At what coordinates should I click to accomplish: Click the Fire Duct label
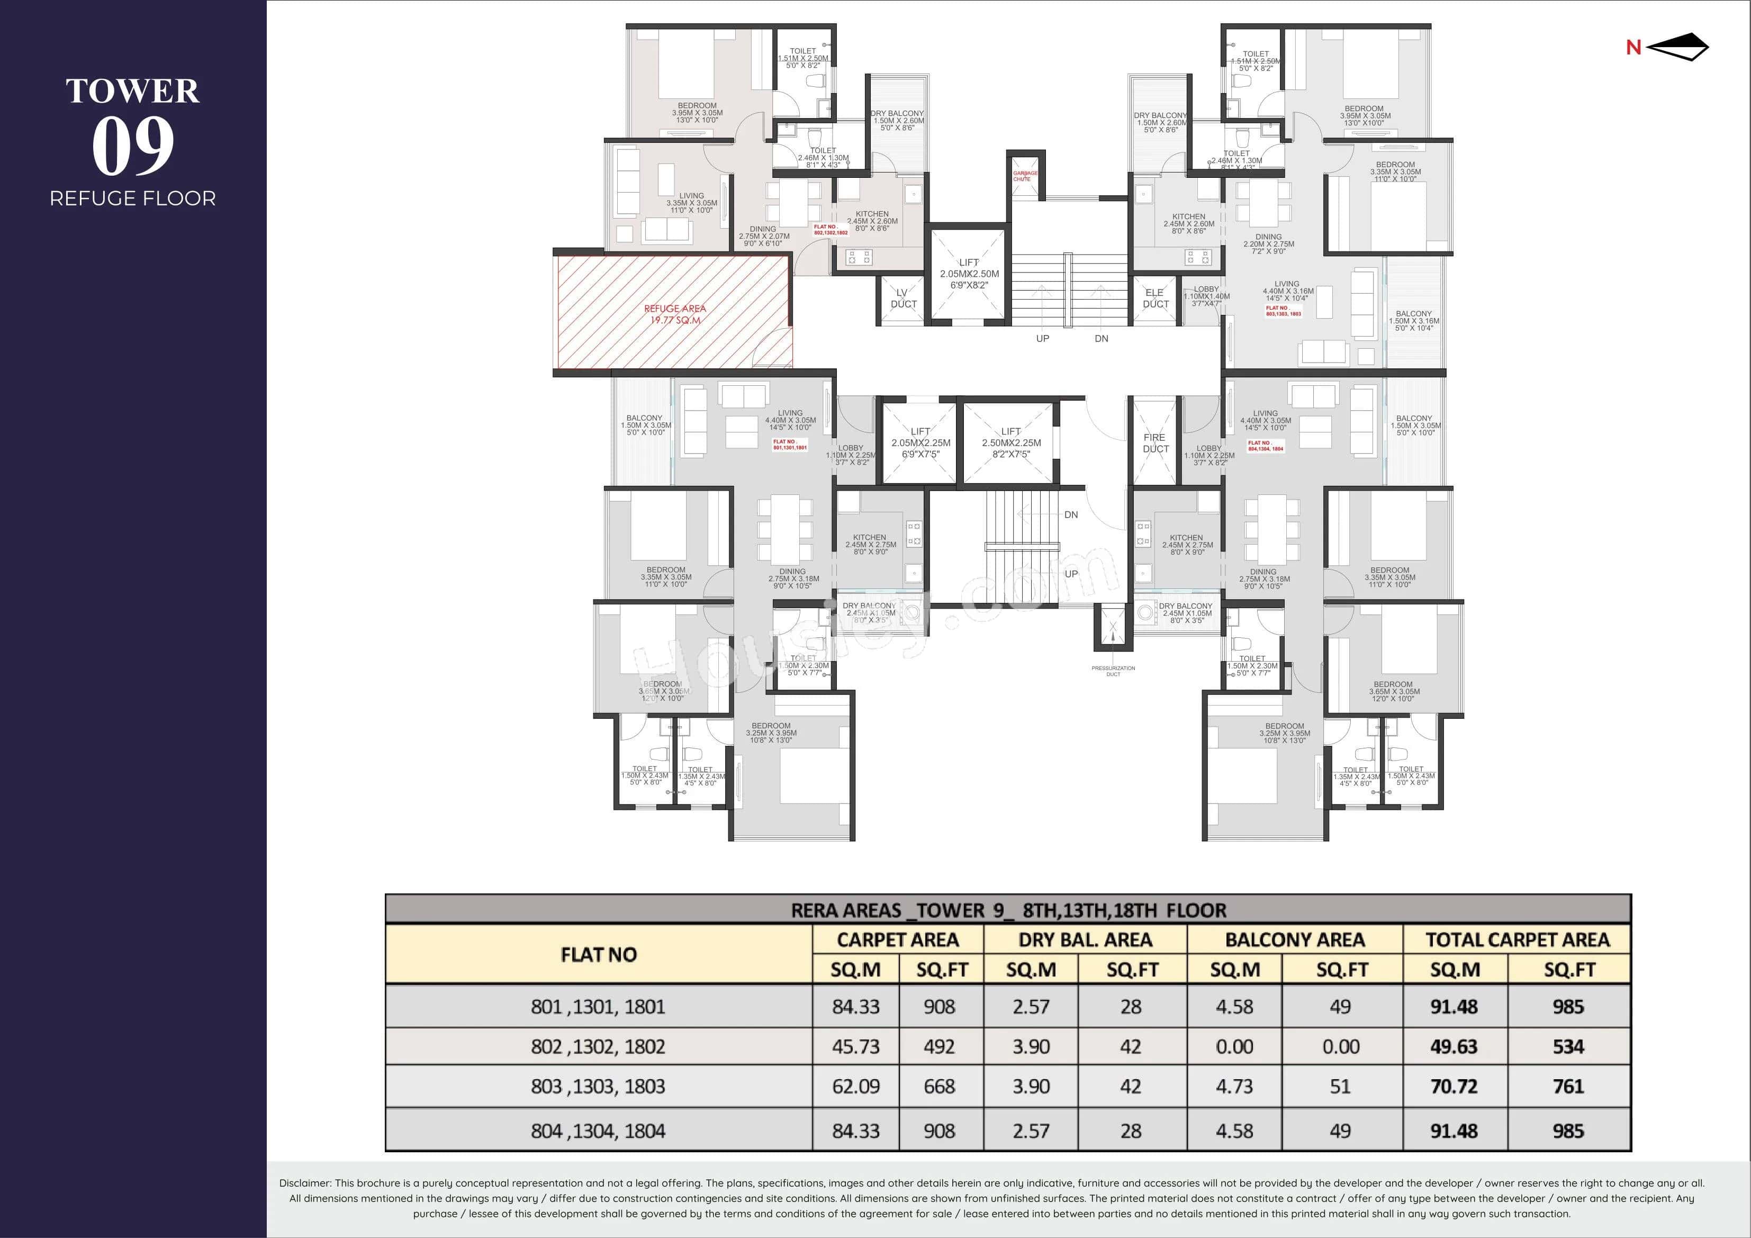tap(1154, 443)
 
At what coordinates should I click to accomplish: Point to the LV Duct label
tap(903, 298)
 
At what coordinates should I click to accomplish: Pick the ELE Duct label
tap(1154, 298)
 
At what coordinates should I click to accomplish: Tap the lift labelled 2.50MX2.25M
tap(1010, 442)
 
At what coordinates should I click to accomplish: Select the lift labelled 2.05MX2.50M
tap(969, 273)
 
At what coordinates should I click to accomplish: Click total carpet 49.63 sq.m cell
tap(1454, 1046)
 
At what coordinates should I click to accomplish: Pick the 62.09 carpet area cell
tap(856, 1086)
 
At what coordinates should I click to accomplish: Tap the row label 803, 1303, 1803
tap(598, 1086)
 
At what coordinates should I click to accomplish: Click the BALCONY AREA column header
tap(1294, 940)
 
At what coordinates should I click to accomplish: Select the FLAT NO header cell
tap(598, 954)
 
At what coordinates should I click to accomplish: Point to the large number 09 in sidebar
tap(133, 147)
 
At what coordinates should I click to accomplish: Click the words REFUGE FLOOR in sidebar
tap(133, 199)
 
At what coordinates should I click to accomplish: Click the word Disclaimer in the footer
tap(304, 1183)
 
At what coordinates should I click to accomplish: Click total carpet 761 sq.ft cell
tap(1568, 1086)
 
